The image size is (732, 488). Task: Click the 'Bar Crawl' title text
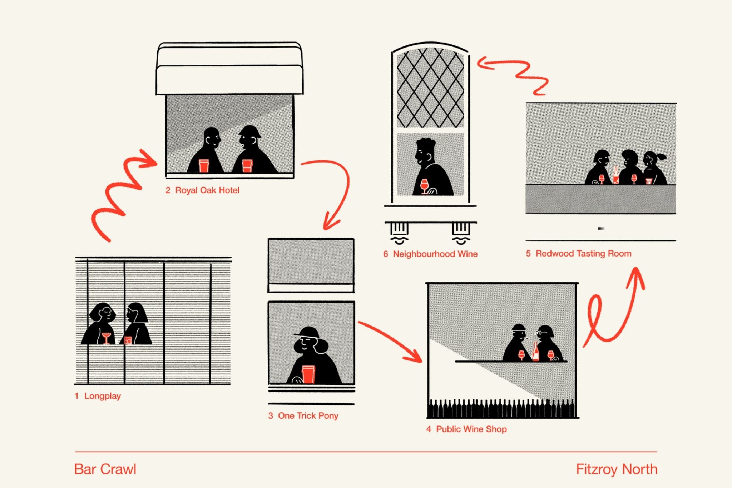click(x=105, y=469)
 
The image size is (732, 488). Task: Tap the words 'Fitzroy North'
click(x=617, y=469)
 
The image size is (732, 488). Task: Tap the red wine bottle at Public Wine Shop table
click(x=535, y=352)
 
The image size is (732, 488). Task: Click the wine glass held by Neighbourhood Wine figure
click(x=424, y=185)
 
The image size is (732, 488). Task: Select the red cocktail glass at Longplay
click(x=106, y=337)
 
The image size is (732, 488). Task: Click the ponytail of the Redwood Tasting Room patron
click(x=662, y=156)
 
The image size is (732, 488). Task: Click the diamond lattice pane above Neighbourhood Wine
click(x=430, y=88)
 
